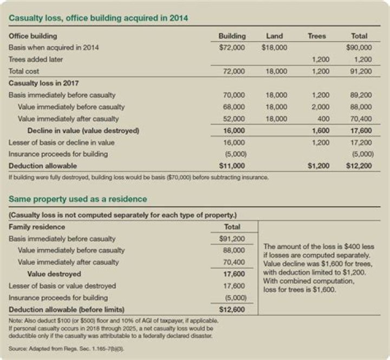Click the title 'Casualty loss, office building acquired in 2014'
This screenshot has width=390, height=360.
97,18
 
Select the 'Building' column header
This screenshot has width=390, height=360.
232,36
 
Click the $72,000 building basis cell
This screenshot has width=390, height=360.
233,48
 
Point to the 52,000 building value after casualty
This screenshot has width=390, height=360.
235,119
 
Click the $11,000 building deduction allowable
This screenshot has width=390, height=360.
233,166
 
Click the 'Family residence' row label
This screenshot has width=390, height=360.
37,227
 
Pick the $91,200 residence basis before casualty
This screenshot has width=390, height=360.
233,239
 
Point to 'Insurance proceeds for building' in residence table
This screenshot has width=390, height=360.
58,298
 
